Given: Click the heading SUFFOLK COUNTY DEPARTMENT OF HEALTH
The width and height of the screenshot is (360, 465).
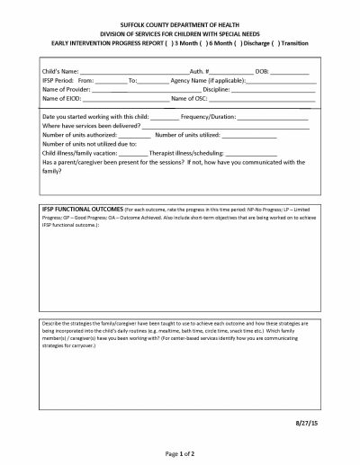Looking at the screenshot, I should [179, 30].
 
